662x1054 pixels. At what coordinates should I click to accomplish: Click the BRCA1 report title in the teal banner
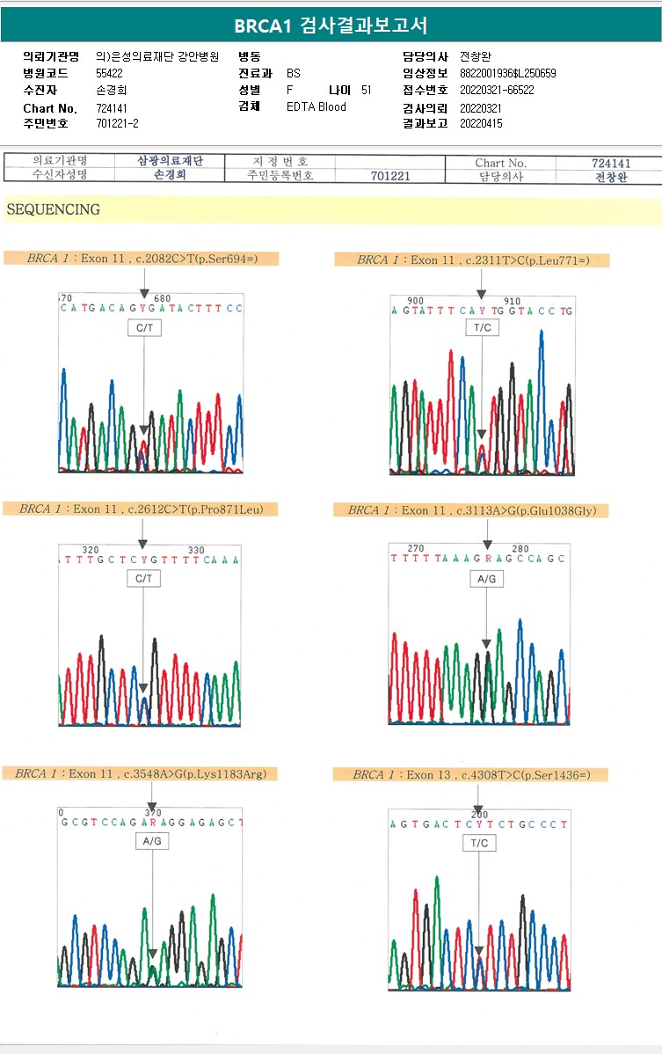click(x=331, y=26)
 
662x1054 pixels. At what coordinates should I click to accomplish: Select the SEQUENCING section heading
click(x=53, y=210)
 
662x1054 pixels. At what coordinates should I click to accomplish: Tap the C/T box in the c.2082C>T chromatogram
click(x=143, y=329)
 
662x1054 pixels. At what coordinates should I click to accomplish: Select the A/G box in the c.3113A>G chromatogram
click(x=486, y=580)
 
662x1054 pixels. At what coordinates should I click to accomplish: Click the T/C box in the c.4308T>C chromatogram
click(x=479, y=844)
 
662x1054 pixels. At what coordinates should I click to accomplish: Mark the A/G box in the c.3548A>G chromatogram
click(x=152, y=842)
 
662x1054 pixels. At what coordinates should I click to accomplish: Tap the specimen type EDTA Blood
click(x=316, y=107)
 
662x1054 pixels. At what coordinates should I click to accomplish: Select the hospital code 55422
click(x=110, y=74)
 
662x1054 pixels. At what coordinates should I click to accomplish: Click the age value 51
click(x=367, y=91)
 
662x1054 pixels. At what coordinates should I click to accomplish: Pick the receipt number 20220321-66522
click(x=497, y=91)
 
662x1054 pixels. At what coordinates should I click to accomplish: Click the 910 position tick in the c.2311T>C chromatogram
click(x=513, y=301)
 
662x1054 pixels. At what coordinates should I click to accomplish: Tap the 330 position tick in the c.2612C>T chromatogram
click(x=196, y=551)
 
